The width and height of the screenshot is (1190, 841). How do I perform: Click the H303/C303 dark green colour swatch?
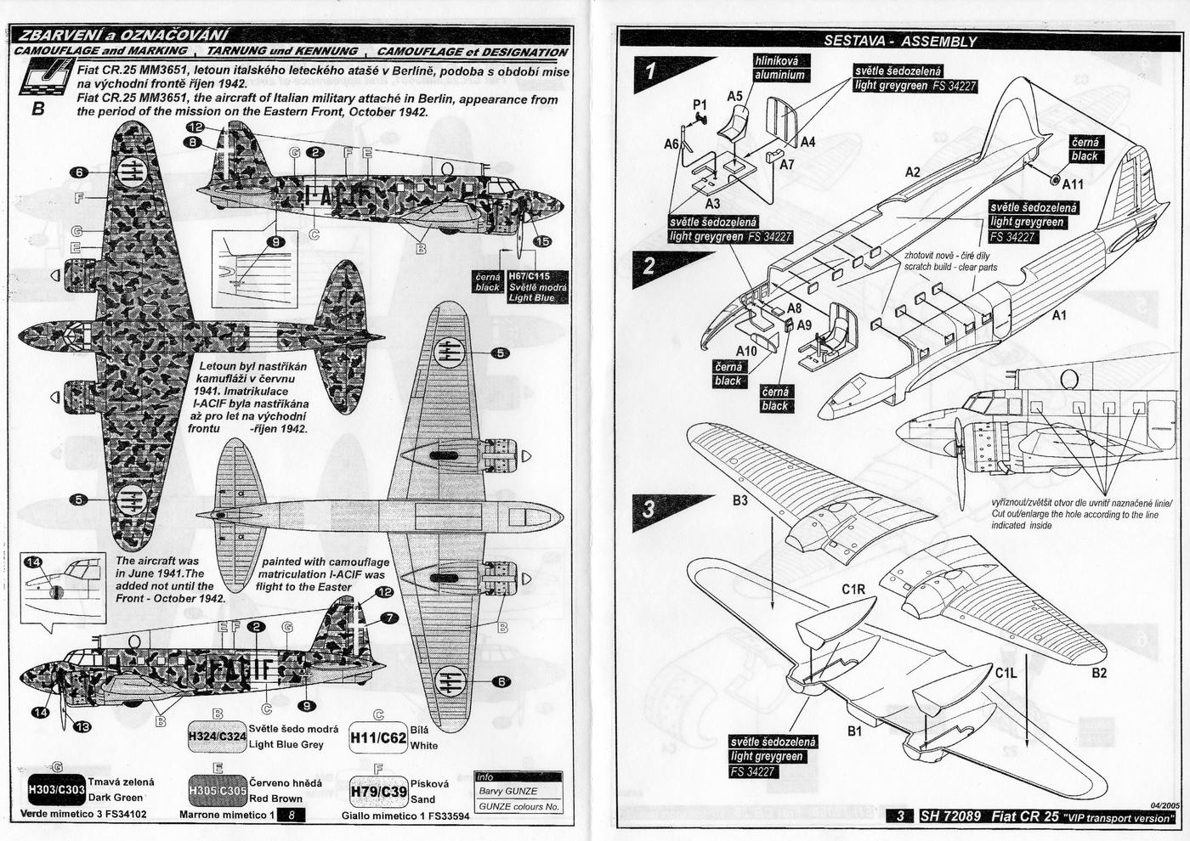56,789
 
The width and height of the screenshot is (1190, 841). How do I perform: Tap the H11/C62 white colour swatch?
377,738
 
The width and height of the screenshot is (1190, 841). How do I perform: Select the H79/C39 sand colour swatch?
377,792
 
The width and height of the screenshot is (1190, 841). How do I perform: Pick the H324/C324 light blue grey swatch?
217,736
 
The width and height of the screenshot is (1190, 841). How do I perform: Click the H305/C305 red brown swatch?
217,790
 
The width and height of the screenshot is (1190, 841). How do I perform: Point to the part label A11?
1073,183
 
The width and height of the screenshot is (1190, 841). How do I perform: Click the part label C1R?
853,590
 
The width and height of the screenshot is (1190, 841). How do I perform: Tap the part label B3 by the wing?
739,501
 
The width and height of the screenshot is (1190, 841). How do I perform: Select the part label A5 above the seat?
735,97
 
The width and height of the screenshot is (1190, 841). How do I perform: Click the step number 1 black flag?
652,73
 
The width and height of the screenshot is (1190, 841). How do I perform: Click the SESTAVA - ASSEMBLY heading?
900,41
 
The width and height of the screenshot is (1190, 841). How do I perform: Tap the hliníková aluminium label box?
779,68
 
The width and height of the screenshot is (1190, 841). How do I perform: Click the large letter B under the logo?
37,109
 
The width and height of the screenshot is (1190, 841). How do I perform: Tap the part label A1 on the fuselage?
1058,315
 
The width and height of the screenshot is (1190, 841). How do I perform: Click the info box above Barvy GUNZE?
518,777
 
